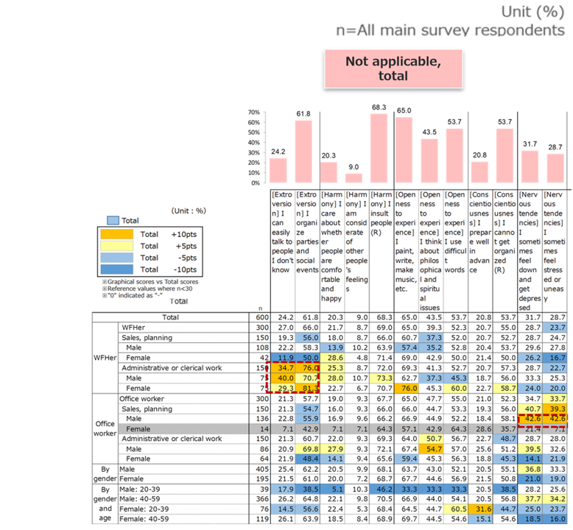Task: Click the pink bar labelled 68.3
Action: [379, 148]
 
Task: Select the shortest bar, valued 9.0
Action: [354, 177]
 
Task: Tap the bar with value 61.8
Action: [304, 152]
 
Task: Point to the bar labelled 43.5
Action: [429, 160]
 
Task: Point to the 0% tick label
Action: [254, 183]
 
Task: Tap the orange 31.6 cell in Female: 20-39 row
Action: [479, 507]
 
